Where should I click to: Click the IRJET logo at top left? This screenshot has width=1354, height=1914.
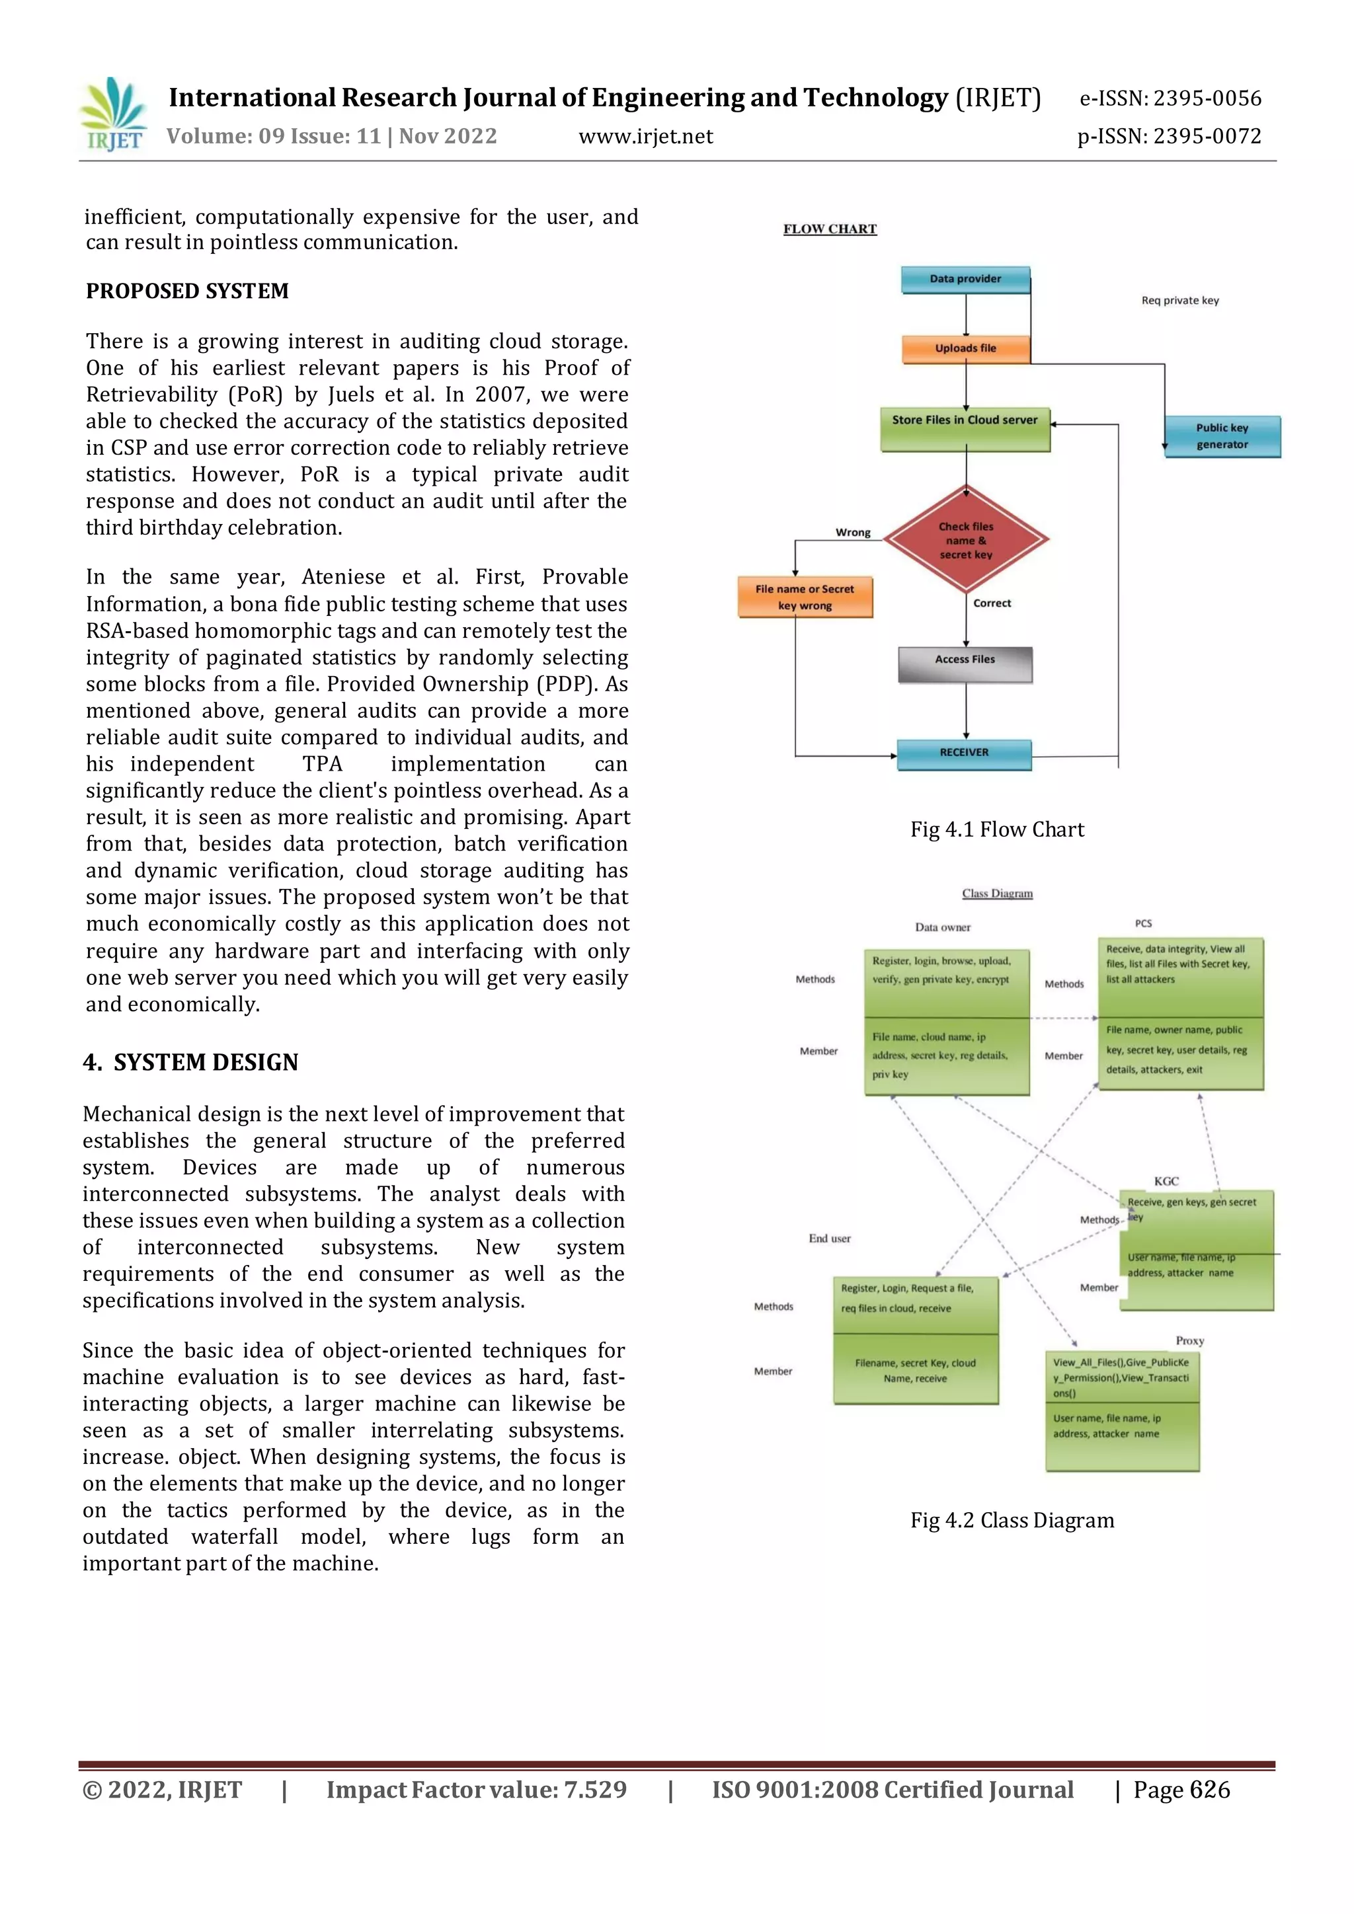click(x=114, y=115)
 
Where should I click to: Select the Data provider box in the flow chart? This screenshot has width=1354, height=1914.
click(x=965, y=280)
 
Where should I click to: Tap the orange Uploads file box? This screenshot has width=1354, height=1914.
click(x=965, y=348)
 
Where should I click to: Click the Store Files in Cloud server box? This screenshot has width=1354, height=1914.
click(x=965, y=428)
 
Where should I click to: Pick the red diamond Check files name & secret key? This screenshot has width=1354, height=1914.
click(x=965, y=540)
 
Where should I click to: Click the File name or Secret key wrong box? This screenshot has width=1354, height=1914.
click(x=805, y=597)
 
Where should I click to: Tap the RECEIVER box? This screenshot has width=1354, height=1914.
click(x=964, y=753)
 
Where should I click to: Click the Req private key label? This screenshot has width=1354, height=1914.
click(x=1179, y=300)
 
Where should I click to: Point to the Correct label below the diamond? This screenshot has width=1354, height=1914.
click(x=991, y=603)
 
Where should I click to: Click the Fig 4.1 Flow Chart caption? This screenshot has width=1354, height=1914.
click(x=996, y=829)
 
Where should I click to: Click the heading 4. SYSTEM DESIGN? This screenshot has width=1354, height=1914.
click(x=191, y=1062)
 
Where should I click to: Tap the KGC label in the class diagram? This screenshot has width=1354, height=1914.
click(x=1166, y=1181)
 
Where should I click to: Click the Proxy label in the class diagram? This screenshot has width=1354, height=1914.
click(x=1189, y=1340)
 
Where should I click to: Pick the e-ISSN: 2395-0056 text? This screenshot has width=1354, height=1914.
click(x=1170, y=98)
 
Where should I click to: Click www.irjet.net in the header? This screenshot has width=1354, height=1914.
click(x=645, y=137)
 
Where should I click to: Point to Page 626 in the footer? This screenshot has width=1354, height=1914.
click(x=1181, y=1790)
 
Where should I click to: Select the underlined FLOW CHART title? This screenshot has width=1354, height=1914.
click(x=830, y=229)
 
